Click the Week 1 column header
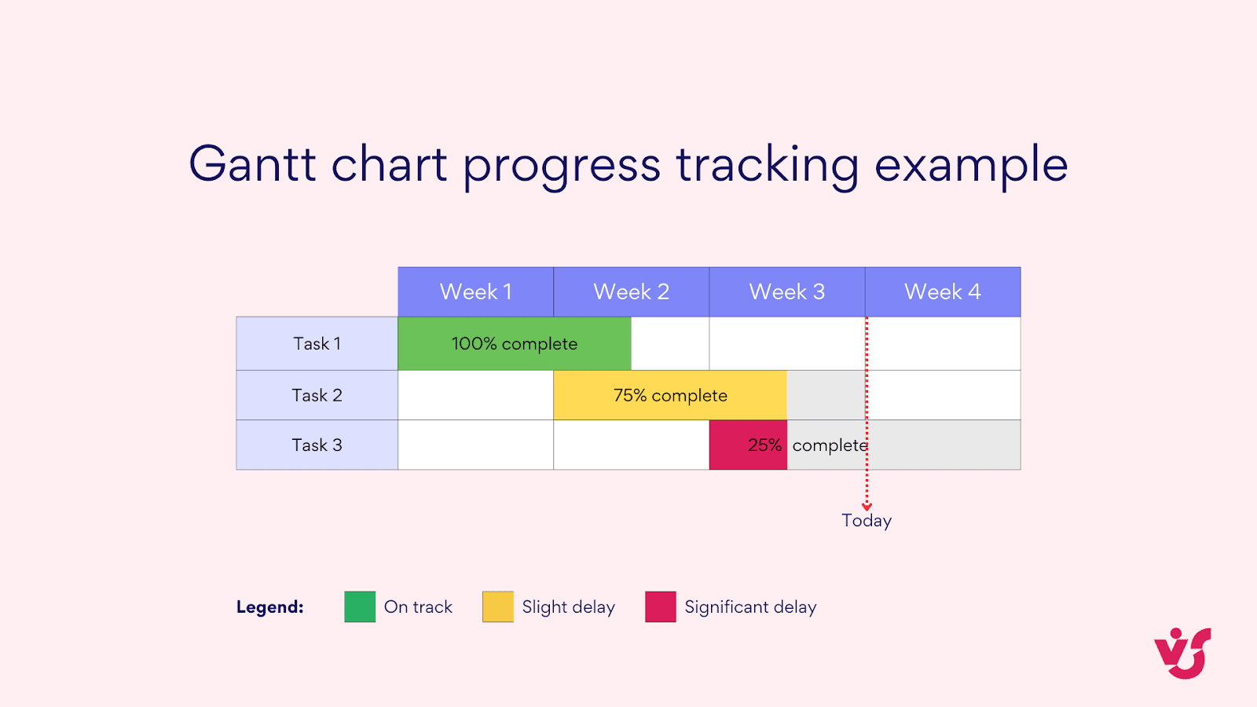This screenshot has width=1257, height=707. point(475,291)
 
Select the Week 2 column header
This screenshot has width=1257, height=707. point(631,291)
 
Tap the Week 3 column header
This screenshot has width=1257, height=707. point(786,291)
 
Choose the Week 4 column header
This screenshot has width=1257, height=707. point(942,291)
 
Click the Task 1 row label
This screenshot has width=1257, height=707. point(317,343)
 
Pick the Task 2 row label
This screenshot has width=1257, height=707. point(317,395)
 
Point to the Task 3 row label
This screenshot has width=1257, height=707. point(317,445)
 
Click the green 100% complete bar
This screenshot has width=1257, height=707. point(514,343)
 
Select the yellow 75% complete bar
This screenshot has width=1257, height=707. point(669,395)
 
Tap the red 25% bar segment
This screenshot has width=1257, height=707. point(747,445)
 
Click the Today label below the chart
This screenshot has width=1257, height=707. point(867,521)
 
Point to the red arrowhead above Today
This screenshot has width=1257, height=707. point(867,507)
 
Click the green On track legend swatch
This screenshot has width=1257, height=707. point(360,606)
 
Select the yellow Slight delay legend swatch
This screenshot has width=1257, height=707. point(497,606)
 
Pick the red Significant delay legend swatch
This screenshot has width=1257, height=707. point(660,606)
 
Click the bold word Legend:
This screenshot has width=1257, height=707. point(269,607)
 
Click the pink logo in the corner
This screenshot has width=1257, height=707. point(1182,653)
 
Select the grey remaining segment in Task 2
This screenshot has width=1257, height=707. point(825,395)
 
